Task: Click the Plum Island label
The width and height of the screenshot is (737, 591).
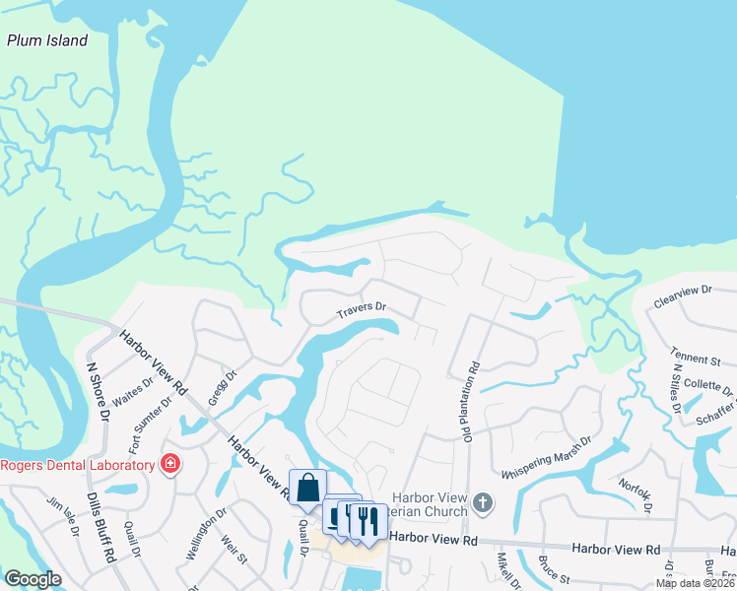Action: [x=47, y=40]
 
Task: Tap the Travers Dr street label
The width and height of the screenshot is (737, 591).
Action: [x=361, y=312]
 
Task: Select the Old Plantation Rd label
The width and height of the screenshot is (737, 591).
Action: [x=469, y=404]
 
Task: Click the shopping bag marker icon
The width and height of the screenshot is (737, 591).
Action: [x=307, y=487]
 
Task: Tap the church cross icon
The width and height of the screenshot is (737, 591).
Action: [x=482, y=501]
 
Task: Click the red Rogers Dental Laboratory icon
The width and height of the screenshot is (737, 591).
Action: [x=170, y=463]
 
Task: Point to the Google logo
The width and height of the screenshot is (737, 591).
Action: [x=33, y=579]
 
